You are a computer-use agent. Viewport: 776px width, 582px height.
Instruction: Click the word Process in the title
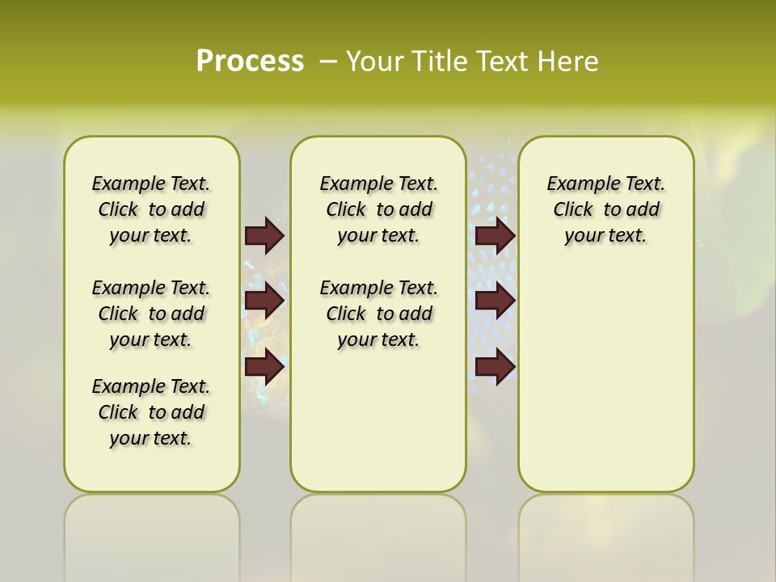[250, 61]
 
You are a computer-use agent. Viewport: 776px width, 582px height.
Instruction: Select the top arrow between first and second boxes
[264, 235]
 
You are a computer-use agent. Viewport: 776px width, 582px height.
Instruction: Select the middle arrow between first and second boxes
[264, 301]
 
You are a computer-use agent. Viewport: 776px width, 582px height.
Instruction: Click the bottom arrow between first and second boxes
[264, 367]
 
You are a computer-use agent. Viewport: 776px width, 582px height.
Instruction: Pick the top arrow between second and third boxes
[495, 235]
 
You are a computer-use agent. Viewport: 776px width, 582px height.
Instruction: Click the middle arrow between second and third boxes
[495, 301]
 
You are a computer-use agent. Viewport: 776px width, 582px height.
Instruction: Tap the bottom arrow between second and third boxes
[495, 367]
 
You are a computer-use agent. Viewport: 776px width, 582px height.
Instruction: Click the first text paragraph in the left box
[151, 209]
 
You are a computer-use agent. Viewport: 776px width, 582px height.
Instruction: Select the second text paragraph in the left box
[151, 314]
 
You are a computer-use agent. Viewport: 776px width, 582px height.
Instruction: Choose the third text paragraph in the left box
[151, 412]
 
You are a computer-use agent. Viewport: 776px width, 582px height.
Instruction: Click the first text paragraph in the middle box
[378, 209]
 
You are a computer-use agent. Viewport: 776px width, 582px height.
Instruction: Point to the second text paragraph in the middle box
[378, 314]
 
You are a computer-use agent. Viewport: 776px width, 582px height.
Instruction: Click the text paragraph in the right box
[605, 209]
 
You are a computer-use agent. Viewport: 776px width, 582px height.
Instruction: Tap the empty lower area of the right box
[605, 388]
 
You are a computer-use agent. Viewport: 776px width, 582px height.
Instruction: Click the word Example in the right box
[576, 183]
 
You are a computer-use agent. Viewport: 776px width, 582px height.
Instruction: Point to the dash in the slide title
[328, 61]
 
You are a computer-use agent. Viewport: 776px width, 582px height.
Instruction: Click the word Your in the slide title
[375, 61]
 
